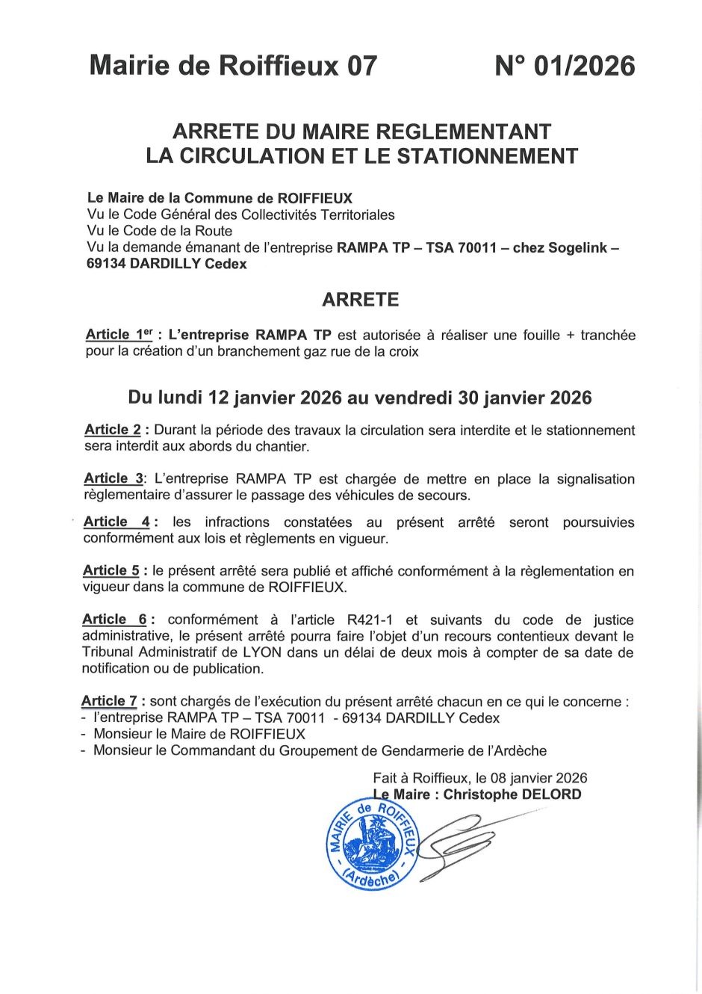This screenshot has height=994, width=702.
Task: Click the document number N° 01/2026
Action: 565,67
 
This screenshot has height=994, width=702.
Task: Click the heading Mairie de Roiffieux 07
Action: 233,67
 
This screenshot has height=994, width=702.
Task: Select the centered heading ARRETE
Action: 360,300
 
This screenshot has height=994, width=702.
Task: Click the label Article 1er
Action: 119,335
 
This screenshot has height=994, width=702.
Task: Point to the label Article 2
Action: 113,430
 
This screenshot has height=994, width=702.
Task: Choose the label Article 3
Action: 114,478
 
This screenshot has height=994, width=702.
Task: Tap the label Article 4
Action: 117,522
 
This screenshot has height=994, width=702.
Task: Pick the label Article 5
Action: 111,570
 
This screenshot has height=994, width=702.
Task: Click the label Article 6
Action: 115,620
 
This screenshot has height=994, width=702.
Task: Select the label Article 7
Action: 110,701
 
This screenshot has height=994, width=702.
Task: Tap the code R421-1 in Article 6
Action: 370,620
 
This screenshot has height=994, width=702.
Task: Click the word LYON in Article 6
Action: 262,652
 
